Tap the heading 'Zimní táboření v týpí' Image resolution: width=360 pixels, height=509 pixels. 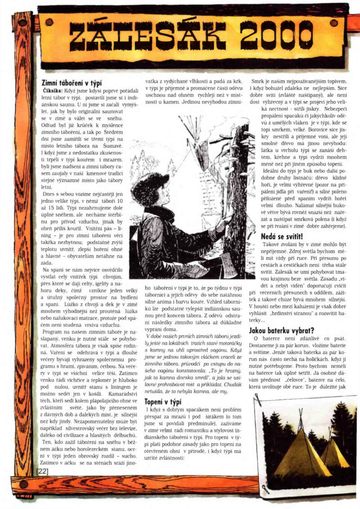tap(72, 83)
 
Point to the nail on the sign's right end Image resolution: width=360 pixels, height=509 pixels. tap(333, 23)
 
